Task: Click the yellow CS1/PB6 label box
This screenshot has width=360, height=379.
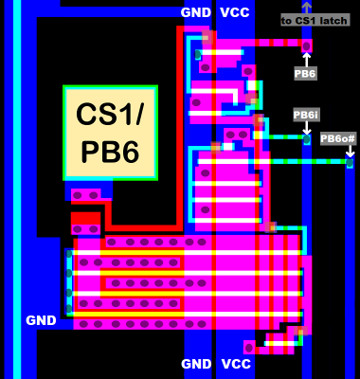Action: (110, 133)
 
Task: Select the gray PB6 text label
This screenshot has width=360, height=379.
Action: (305, 73)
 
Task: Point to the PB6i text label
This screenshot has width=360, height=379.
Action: (306, 114)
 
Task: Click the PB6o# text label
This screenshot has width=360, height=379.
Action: (337, 138)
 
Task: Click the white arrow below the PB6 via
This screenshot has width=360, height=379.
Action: (306, 59)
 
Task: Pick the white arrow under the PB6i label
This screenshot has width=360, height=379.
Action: (306, 127)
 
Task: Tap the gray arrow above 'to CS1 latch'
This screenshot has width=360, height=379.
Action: (306, 6)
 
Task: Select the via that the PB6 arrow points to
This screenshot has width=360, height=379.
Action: (306, 45)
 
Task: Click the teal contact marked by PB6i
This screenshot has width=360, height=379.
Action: (306, 139)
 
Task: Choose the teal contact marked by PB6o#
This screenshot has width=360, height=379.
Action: (349, 163)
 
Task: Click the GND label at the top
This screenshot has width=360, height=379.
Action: (196, 12)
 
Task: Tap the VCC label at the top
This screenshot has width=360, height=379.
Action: (235, 12)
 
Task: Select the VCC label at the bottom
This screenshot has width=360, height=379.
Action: (235, 364)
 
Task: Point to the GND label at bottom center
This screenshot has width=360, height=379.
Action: (196, 364)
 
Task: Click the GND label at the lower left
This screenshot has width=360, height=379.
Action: (41, 320)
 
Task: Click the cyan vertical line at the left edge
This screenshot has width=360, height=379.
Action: (17, 189)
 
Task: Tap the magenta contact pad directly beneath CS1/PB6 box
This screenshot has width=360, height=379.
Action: (86, 194)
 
